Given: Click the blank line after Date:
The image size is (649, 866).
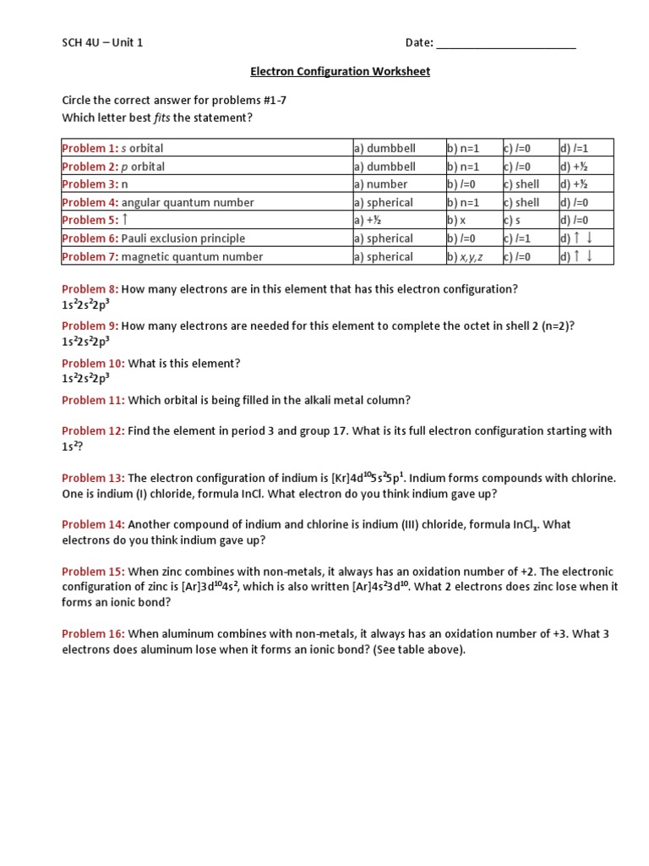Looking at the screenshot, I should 506,44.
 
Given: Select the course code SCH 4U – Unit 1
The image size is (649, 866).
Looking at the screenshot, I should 102,43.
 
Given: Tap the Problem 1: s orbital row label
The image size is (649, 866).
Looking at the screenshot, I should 113,149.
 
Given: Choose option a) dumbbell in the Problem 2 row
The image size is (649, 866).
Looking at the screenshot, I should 384,167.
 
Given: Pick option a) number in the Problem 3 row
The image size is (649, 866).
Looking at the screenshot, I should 380,184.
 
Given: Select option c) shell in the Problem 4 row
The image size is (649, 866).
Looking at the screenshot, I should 521,203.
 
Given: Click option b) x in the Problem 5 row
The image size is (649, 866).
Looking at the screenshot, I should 456,221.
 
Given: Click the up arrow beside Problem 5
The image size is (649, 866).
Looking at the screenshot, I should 126,220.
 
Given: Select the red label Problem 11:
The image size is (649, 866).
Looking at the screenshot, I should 93,400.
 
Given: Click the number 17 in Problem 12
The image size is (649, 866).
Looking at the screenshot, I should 340,431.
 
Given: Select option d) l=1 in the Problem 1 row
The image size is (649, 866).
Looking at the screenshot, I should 574,149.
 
